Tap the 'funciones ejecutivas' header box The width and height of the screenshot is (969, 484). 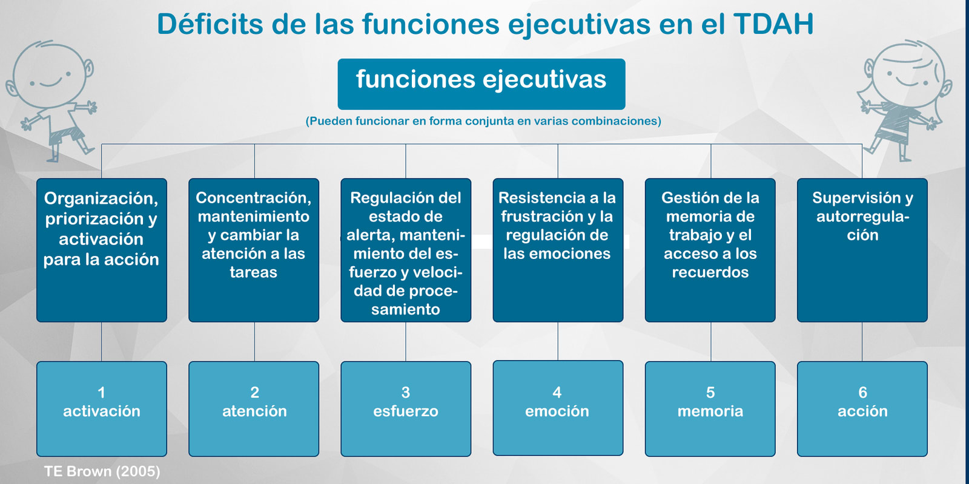point(481,84)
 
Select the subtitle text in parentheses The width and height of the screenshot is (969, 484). point(483,121)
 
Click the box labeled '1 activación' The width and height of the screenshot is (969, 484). point(102,409)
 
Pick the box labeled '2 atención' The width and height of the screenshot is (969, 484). point(254,409)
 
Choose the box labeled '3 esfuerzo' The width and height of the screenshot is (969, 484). point(406,409)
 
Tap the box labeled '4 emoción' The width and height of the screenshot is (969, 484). point(558,408)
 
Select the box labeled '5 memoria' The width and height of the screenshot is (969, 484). point(710,409)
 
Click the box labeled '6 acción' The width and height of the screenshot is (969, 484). point(862,409)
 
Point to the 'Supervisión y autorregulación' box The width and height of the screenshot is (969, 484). point(862,250)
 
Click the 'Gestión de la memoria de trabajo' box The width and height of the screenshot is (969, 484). point(710,250)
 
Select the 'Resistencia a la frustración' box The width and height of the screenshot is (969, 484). point(558,250)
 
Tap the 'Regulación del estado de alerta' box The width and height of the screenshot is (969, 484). point(406,250)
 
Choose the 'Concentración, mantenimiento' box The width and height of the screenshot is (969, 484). point(254,250)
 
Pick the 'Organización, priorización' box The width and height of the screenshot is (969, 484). point(102,250)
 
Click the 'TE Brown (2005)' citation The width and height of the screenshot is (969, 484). point(102,471)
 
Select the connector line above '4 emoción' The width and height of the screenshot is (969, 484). point(558,341)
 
